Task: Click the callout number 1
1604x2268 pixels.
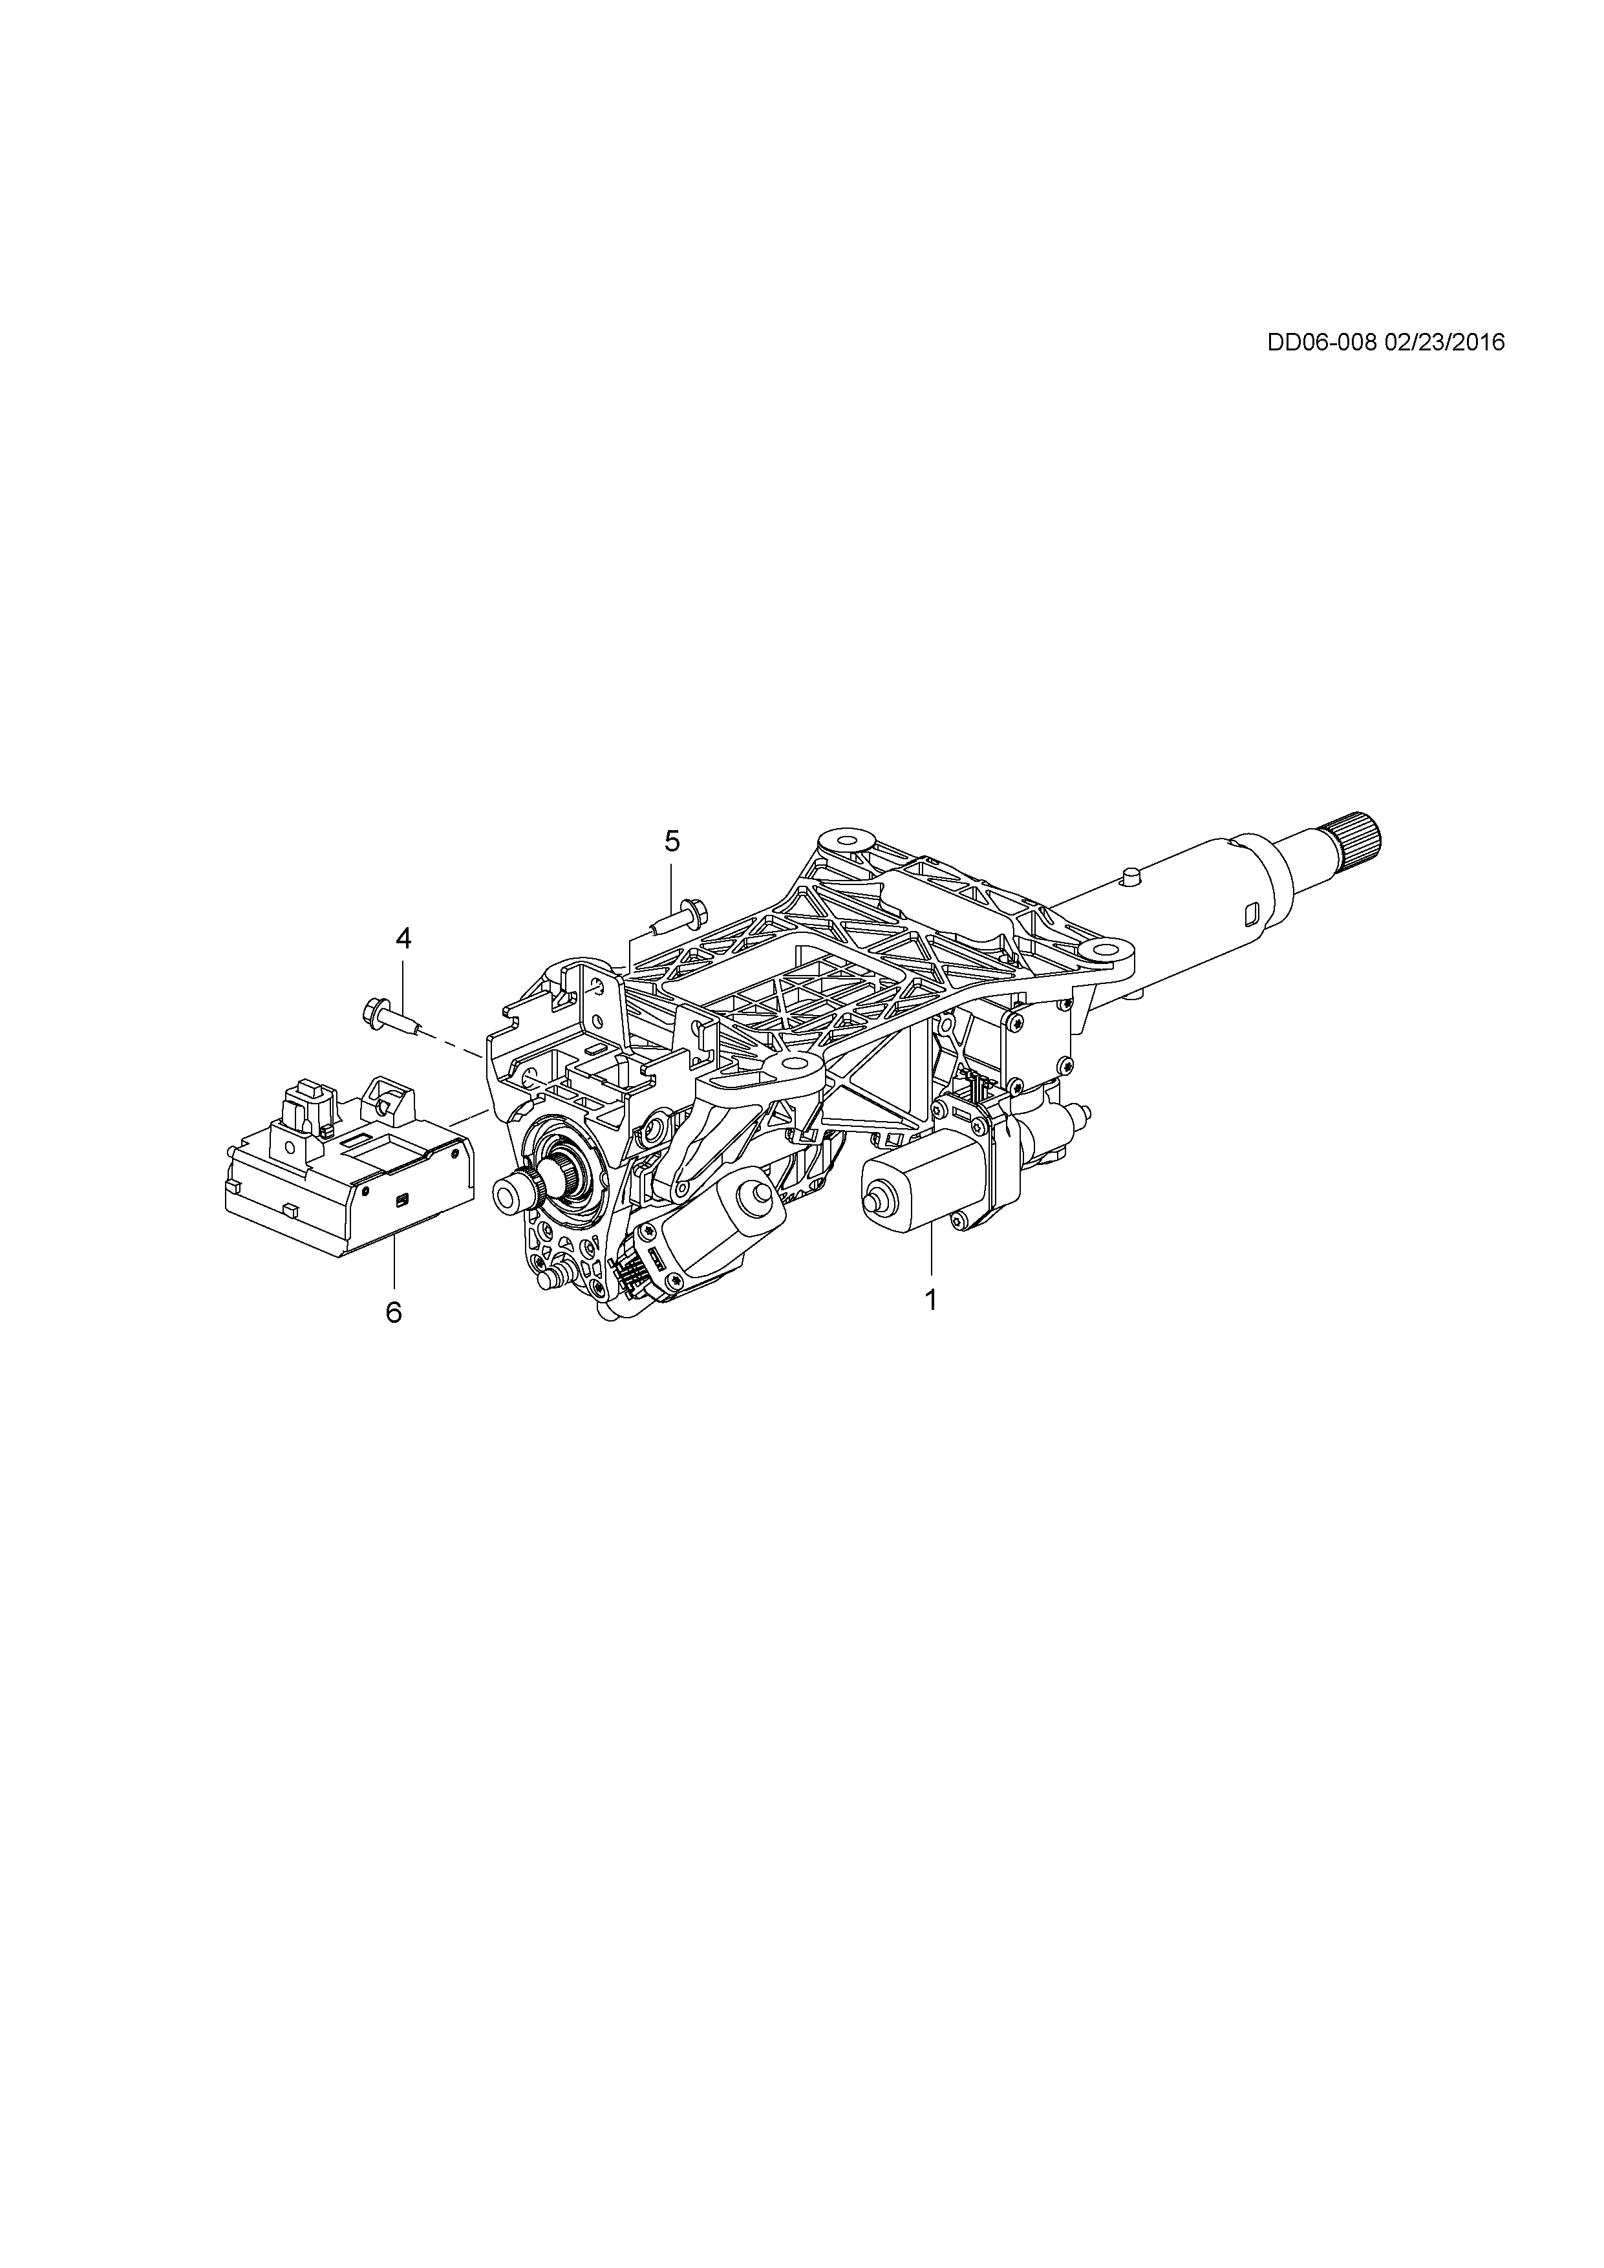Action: (930, 1300)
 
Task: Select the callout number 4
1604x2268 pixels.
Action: (403, 938)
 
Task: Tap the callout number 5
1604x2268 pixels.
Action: (672, 842)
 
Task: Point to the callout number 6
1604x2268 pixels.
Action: (393, 1312)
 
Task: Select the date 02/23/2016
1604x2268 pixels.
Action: (1445, 342)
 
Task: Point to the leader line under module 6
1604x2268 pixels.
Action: (393, 1265)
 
